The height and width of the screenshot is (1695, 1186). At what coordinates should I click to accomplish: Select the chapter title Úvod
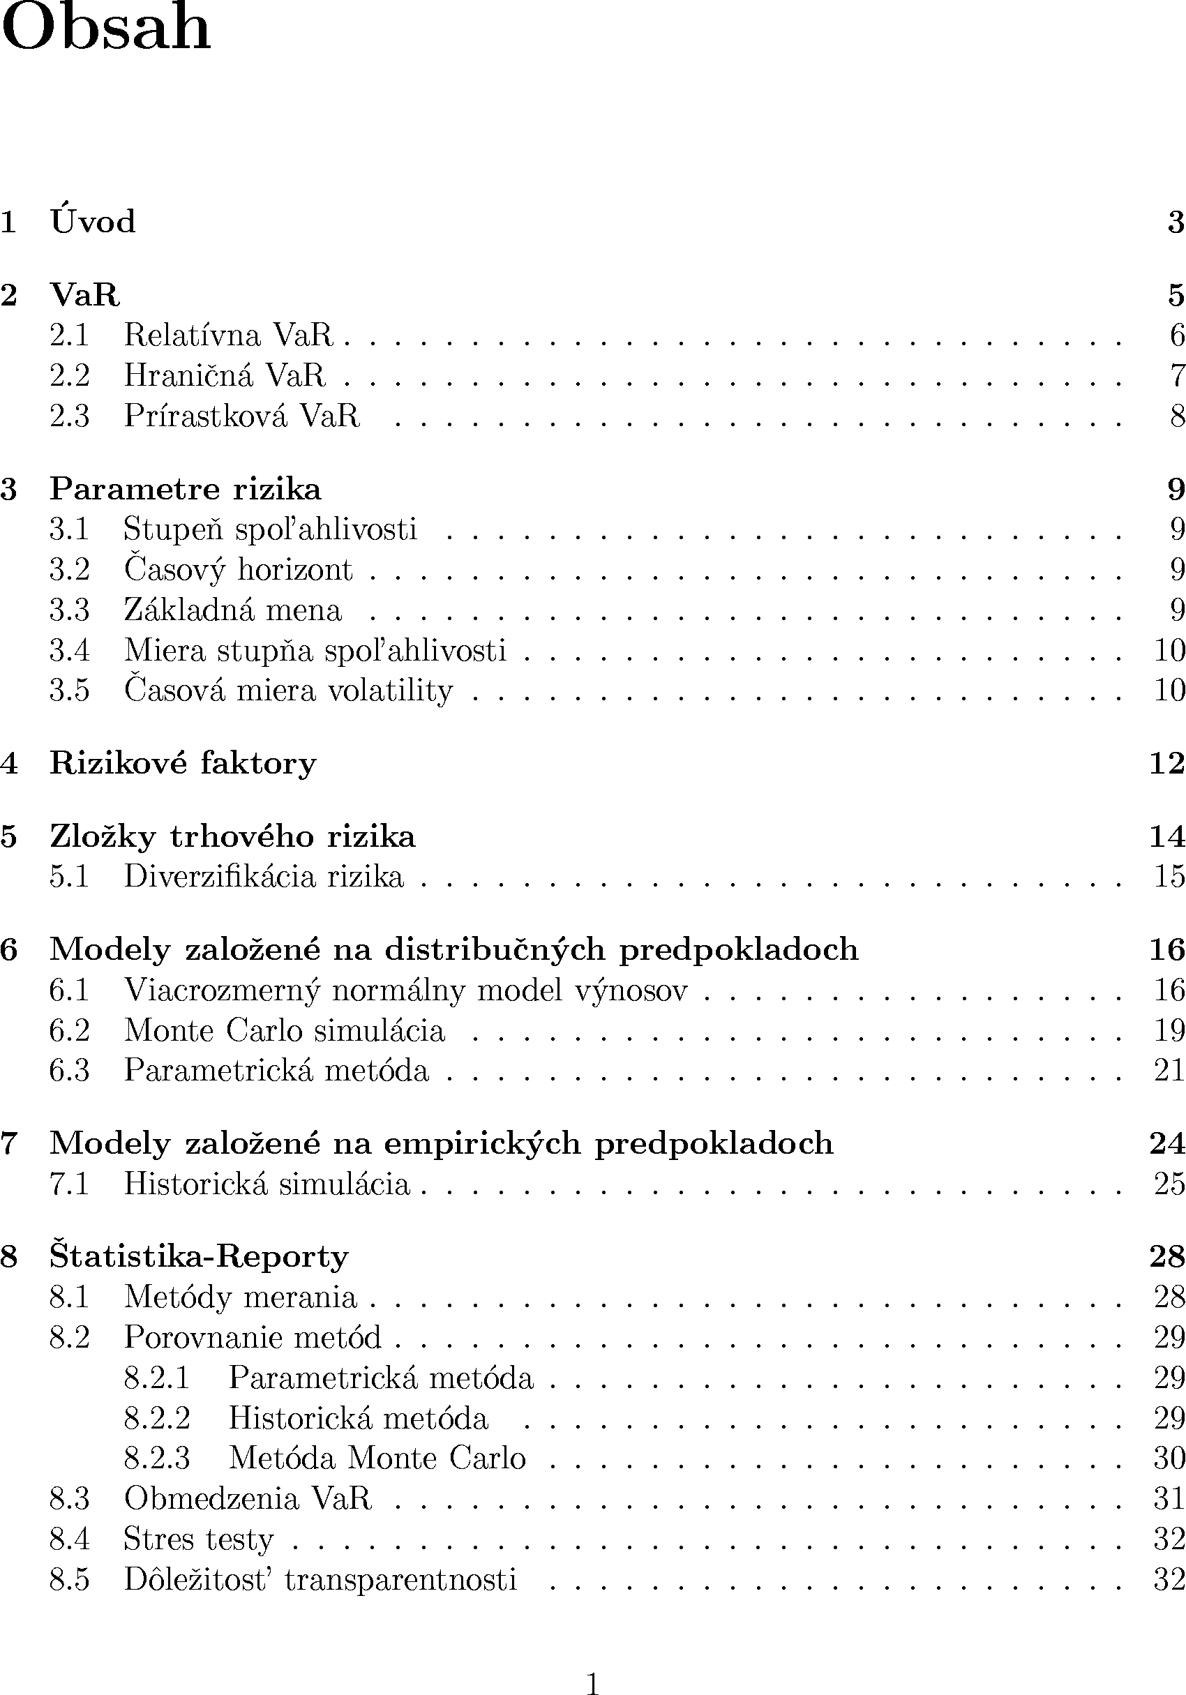pyautogui.click(x=93, y=222)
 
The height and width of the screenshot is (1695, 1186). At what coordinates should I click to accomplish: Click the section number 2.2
pyautogui.click(x=70, y=376)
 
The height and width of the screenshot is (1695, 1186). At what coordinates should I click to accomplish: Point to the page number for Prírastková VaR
pyautogui.click(x=1176, y=416)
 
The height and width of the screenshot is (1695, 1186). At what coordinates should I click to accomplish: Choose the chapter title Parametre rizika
pyautogui.click(x=186, y=490)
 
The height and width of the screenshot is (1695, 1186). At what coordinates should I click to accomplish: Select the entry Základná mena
pyautogui.click(x=232, y=610)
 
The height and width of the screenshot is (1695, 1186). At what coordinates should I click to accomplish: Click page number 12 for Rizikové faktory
pyautogui.click(x=1166, y=762)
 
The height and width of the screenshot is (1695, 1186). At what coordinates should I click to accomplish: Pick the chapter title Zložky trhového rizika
pyautogui.click(x=232, y=836)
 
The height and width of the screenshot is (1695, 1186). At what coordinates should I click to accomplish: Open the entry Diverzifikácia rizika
pyautogui.click(x=264, y=877)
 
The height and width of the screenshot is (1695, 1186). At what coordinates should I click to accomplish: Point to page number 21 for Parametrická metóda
pyautogui.click(x=1169, y=1071)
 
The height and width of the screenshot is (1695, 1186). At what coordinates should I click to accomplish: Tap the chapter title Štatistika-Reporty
pyautogui.click(x=199, y=1256)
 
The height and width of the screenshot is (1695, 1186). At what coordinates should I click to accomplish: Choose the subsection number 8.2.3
pyautogui.click(x=156, y=1458)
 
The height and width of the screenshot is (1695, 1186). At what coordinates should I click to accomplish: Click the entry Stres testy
pyautogui.click(x=199, y=1539)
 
